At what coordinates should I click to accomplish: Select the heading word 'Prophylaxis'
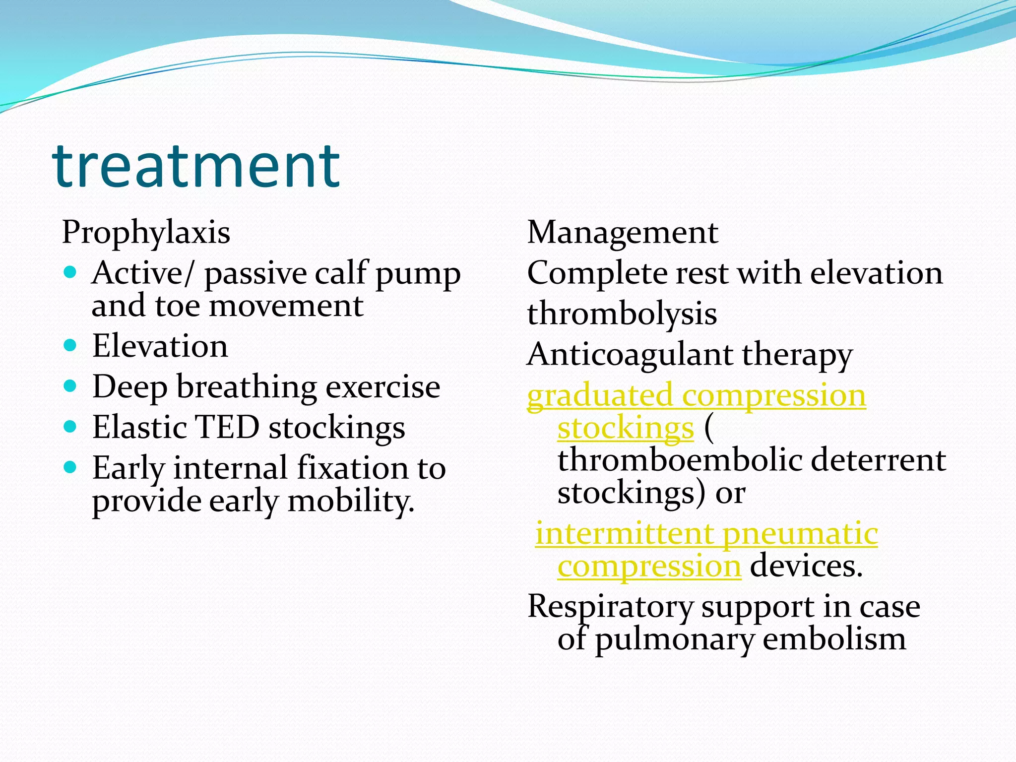[x=146, y=232]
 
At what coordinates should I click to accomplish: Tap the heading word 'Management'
[x=622, y=232]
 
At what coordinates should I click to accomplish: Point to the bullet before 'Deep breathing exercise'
[x=70, y=385]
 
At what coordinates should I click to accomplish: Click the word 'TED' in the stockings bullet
[x=228, y=427]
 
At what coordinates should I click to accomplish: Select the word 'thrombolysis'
[x=622, y=314]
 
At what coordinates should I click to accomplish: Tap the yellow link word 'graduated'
[x=600, y=396]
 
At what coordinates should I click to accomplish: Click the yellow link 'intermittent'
[x=625, y=534]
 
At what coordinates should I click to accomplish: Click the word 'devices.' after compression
[x=806, y=566]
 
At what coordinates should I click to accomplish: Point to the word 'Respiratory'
[x=610, y=607]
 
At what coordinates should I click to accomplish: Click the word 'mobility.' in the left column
[x=351, y=501]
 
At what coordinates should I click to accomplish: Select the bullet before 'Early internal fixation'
[x=70, y=467]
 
